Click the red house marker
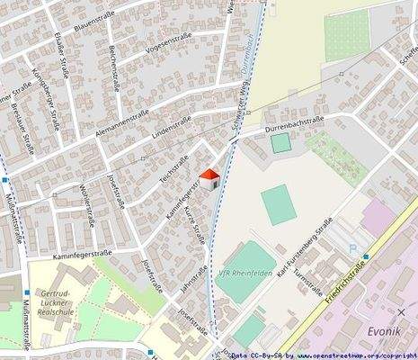209,178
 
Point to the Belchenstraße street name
114,68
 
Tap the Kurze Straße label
197,225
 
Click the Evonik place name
389,331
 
